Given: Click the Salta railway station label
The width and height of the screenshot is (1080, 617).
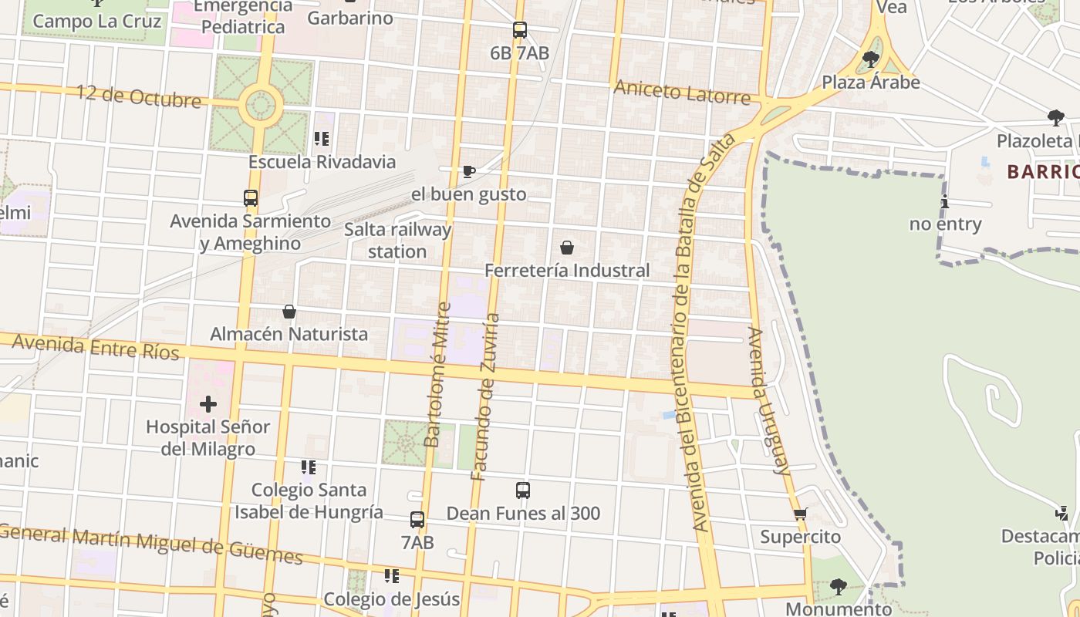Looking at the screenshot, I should (x=397, y=241).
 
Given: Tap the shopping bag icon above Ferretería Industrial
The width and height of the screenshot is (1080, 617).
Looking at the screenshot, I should (x=567, y=248).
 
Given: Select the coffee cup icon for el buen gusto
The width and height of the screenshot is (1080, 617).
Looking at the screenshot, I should (x=468, y=171).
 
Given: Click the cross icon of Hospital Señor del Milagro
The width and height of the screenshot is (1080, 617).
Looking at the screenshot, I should (x=208, y=403).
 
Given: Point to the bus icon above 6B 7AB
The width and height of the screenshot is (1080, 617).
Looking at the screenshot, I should (x=520, y=30).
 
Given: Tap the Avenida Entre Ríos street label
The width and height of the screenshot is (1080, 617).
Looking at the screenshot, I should (x=96, y=347).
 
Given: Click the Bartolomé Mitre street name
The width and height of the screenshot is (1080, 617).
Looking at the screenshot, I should (x=437, y=374).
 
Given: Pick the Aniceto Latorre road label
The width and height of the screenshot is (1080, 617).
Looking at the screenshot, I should (x=682, y=92).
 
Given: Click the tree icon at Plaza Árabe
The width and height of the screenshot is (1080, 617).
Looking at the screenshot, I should (x=871, y=59).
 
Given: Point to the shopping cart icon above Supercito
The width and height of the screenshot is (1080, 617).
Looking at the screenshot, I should (x=801, y=514).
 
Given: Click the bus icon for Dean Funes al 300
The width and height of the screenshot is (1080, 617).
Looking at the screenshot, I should (x=523, y=490).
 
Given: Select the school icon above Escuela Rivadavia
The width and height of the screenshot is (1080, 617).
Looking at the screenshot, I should (x=322, y=139).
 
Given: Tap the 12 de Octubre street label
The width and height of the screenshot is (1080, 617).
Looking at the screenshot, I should (x=139, y=96).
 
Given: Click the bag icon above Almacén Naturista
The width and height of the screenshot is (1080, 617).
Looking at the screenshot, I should (x=289, y=312).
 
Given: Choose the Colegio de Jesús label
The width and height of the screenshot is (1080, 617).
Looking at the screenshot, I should (x=391, y=599).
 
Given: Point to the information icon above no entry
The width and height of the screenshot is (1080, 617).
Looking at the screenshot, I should (x=945, y=202).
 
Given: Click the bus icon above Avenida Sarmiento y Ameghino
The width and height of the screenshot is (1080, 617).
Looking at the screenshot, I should (x=251, y=197).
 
